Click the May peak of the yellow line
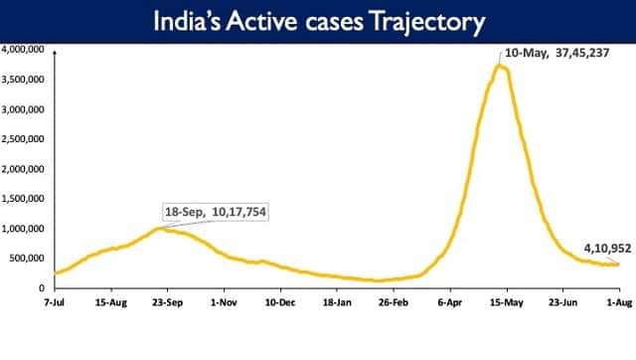coord(502,67)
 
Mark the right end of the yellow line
coord(618,264)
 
